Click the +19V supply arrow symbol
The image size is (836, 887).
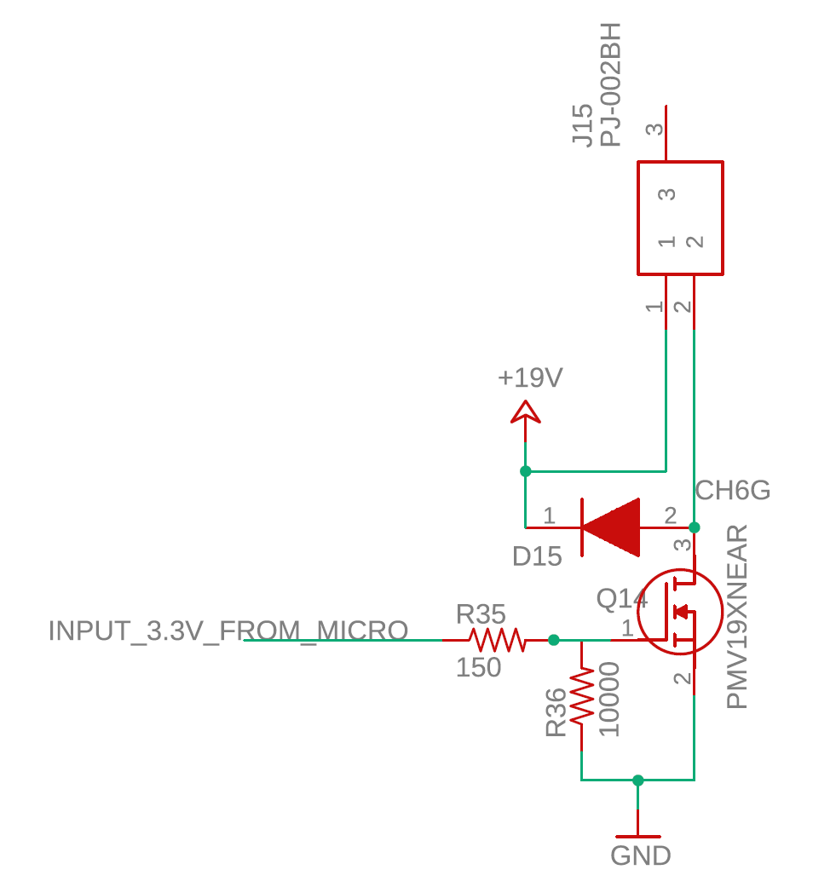coord(525,413)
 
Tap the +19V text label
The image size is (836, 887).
coord(531,378)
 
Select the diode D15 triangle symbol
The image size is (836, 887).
coord(610,527)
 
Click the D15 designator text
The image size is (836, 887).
coord(537,556)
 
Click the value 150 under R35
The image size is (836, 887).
coord(478,668)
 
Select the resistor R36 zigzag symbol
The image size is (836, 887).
coord(582,696)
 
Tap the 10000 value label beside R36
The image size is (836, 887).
coord(609,699)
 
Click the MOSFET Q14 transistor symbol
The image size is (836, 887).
coord(679,611)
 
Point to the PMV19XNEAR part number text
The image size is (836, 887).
coord(736,618)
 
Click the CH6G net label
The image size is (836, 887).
coord(733,490)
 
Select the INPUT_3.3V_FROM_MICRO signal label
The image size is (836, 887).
coord(228,631)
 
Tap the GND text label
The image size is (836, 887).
coord(641,855)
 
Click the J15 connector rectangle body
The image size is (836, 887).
coord(680,218)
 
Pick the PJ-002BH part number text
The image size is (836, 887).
coord(611,85)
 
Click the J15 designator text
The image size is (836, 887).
coord(583,125)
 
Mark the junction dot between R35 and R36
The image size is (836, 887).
coord(554,639)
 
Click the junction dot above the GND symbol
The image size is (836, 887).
coord(638,780)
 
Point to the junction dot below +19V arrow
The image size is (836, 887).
coord(525,470)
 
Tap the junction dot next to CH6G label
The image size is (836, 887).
coord(695,527)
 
